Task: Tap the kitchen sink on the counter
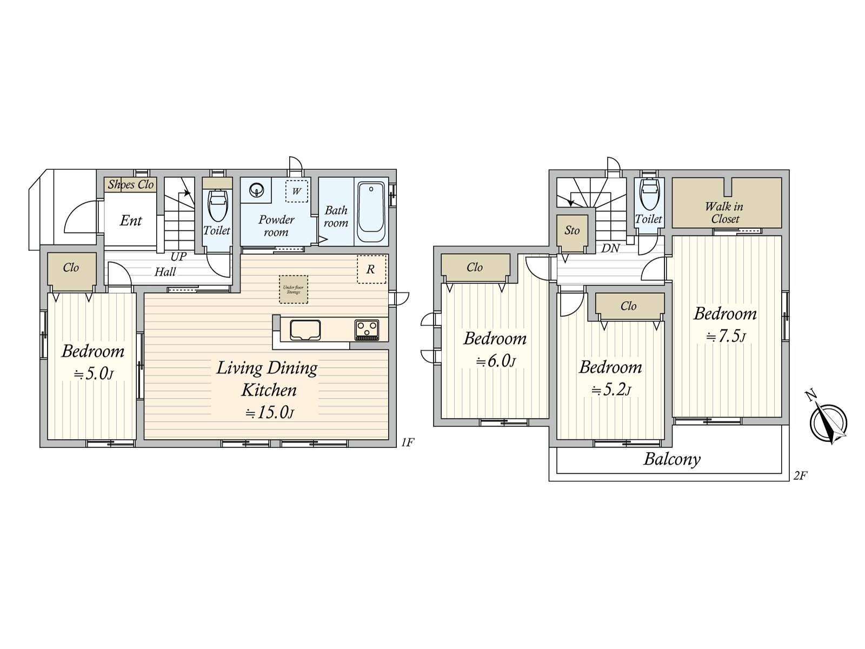coord(305,329)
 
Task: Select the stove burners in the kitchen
coord(367,329)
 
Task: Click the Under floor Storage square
coord(294,289)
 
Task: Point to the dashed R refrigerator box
coord(371,269)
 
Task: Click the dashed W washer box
coord(297,191)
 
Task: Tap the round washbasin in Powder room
coord(256,190)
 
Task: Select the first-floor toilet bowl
coord(218,206)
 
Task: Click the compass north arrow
coord(828,422)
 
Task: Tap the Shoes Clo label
coord(131,184)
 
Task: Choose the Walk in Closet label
coord(724,213)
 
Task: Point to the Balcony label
coord(672,459)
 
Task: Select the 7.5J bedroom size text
coord(726,336)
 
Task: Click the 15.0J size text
coord(269,413)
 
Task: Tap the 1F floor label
coord(407,442)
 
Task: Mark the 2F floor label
coord(800,476)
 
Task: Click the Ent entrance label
coord(131,221)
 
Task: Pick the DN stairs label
coord(610,249)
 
